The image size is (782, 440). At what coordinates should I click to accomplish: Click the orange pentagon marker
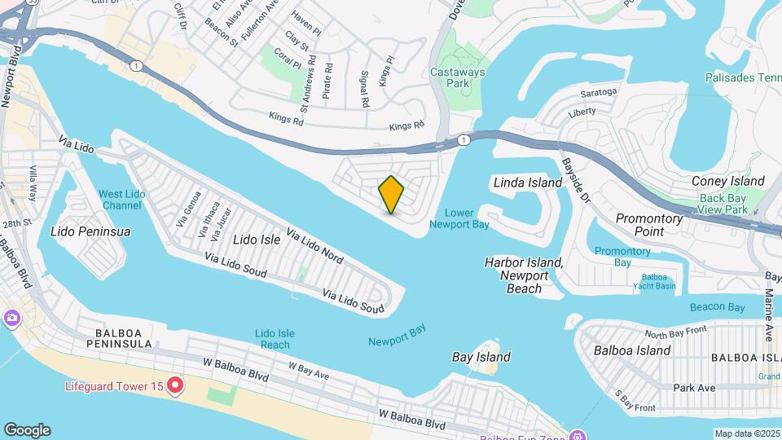pyautogui.click(x=392, y=195)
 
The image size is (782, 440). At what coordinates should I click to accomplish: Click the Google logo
pyautogui.click(x=27, y=430)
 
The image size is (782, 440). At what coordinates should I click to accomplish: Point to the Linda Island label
pyautogui.click(x=528, y=183)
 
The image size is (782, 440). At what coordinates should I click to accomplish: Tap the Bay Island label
pyautogui.click(x=481, y=357)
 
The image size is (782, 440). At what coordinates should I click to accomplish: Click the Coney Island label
pyautogui.click(x=727, y=181)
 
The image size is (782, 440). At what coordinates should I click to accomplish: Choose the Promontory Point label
pyautogui.click(x=649, y=225)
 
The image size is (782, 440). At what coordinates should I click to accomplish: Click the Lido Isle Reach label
pyautogui.click(x=275, y=339)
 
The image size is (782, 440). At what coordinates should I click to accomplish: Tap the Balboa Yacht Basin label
pyautogui.click(x=654, y=280)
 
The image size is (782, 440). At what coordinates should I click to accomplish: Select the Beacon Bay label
pyautogui.click(x=717, y=307)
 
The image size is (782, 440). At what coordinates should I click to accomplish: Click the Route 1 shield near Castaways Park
pyautogui.click(x=463, y=140)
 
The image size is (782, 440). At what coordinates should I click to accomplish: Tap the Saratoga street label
pyautogui.click(x=598, y=92)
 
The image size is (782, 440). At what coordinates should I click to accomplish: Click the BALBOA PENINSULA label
pyautogui.click(x=123, y=338)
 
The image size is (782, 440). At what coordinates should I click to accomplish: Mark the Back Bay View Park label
pyautogui.click(x=723, y=205)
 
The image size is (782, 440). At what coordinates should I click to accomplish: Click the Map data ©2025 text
pyautogui.click(x=747, y=433)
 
